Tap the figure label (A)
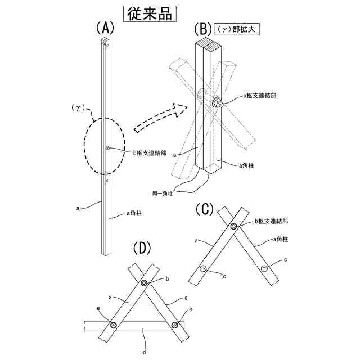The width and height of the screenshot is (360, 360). [x=105, y=28]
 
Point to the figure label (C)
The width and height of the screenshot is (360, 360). [x=205, y=210]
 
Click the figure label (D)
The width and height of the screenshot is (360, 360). [x=143, y=248]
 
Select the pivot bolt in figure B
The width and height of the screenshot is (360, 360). [x=217, y=103]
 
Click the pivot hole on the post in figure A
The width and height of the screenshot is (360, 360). [x=107, y=148]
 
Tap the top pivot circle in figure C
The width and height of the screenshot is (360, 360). [x=233, y=226]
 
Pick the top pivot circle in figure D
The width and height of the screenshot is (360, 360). [x=145, y=283]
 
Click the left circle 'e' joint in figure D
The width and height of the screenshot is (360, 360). [x=114, y=325]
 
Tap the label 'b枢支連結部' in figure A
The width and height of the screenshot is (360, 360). [x=150, y=152]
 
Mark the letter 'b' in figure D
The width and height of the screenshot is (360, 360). [x=167, y=278]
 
